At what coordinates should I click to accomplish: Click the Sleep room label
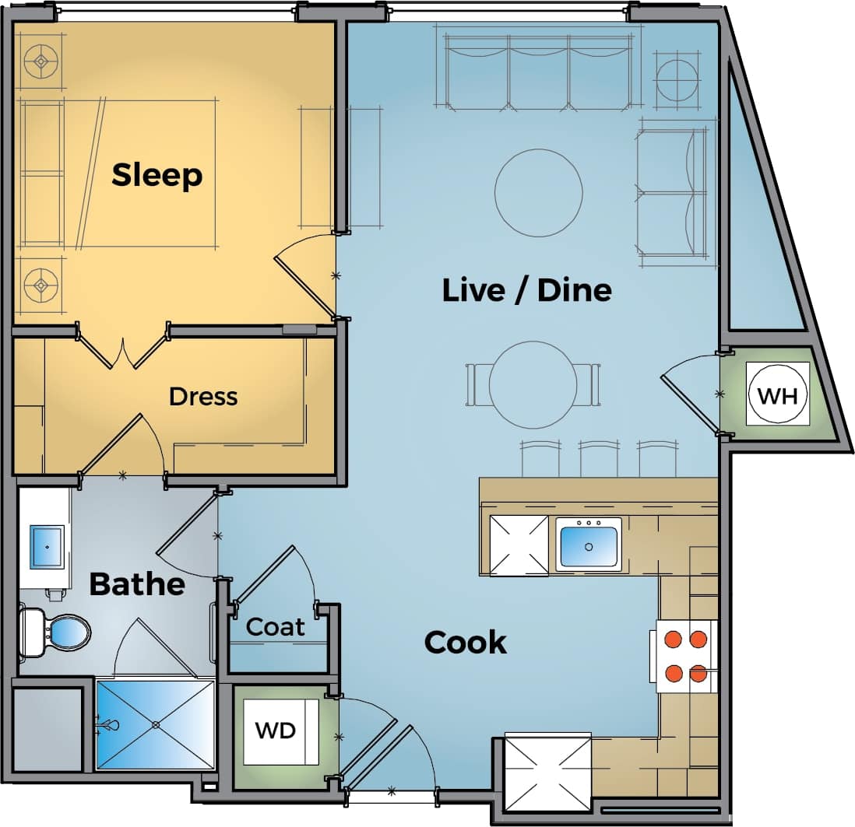point(157,174)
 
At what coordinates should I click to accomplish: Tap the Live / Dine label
point(526,289)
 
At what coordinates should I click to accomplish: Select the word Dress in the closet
point(203,396)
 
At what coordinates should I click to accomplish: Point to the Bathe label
point(137,583)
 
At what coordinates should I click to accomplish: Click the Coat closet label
point(276,626)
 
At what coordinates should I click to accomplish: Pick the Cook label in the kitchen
point(465,643)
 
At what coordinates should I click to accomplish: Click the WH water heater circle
point(777,395)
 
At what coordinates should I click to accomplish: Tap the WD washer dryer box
point(276,731)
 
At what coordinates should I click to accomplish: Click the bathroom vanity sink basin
point(47,547)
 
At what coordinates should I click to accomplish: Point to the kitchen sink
point(589,545)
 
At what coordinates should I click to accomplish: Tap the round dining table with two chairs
point(533,384)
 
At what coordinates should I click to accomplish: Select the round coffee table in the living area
point(539,192)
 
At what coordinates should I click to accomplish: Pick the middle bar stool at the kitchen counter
point(598,460)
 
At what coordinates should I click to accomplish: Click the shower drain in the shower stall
point(157,724)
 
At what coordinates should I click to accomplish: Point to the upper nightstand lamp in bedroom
point(40,61)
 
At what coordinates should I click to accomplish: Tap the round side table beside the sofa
point(676,76)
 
